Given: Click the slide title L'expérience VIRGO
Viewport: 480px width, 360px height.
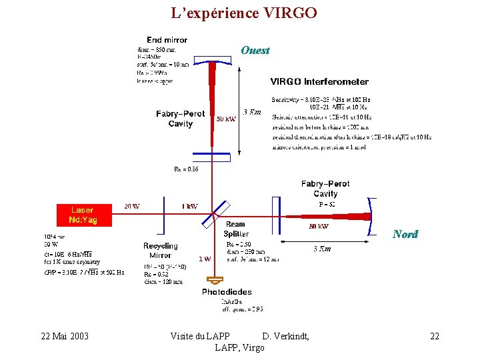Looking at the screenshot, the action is tap(243, 13).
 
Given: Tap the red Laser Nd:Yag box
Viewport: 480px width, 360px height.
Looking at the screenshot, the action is tap(83, 215).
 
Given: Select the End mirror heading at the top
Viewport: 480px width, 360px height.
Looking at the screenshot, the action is tap(167, 40).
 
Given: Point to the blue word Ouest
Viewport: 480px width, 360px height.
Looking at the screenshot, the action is tap(255, 50).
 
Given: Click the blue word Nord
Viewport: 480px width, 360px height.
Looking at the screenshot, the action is tap(405, 234).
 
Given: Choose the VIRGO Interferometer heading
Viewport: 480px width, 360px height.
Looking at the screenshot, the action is tap(319, 82).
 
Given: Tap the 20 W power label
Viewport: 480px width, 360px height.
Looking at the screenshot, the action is tap(132, 206).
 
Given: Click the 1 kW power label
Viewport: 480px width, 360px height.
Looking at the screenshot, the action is tap(189, 206).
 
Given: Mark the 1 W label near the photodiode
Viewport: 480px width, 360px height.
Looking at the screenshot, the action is tap(205, 259).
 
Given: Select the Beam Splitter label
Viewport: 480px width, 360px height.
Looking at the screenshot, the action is tap(236, 229).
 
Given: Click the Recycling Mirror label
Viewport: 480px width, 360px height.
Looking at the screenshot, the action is tap(160, 251).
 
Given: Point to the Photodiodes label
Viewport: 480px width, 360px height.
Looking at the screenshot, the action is tap(227, 292).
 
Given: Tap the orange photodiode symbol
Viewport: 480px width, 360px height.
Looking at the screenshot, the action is tap(215, 280).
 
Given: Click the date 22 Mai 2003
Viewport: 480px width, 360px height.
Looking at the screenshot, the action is tap(65, 336).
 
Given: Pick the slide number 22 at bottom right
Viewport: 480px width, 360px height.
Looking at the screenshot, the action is tap(435, 336).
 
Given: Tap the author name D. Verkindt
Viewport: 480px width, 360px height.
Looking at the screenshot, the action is tap(285, 336).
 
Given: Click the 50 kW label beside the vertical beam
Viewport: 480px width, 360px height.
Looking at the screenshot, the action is tap(226, 119).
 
